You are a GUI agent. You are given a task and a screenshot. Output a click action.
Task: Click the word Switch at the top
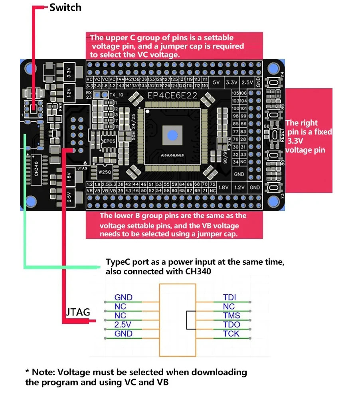(65, 7)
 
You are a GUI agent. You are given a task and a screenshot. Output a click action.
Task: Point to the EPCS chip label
(109, 141)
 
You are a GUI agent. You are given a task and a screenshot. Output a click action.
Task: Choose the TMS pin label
(231, 316)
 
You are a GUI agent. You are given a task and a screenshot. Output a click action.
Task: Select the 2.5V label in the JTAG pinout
(123, 324)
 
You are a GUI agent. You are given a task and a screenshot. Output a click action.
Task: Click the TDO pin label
(231, 324)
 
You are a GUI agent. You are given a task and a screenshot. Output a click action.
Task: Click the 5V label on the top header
(216, 82)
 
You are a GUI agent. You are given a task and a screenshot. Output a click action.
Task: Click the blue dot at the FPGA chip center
(172, 135)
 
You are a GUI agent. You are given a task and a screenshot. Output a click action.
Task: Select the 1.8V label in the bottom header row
(224, 187)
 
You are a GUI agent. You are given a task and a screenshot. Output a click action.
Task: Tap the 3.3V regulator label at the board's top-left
(69, 72)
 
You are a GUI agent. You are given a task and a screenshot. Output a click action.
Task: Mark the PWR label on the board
(49, 107)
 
